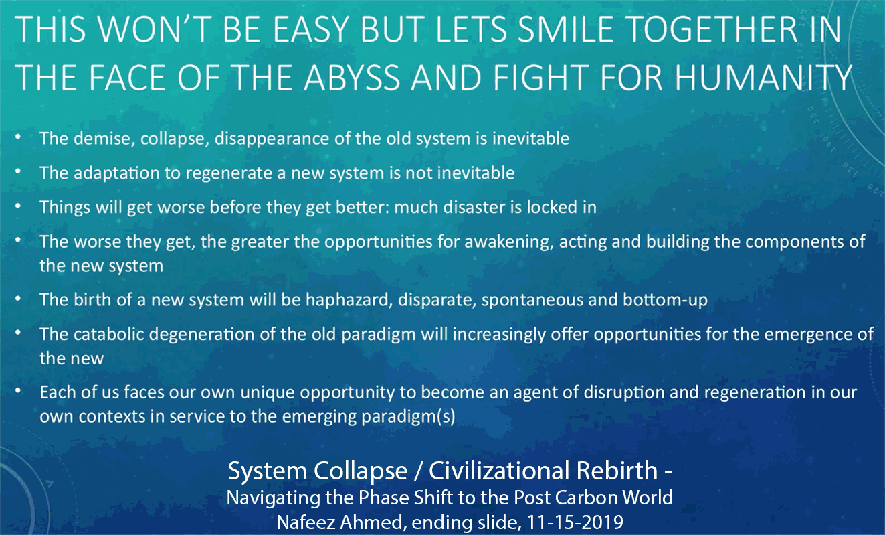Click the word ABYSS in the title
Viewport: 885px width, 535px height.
352,77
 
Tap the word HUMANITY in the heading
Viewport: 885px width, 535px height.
763,77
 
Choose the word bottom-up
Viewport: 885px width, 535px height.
666,300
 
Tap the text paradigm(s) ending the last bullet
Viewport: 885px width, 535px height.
409,417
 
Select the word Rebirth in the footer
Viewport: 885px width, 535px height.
617,471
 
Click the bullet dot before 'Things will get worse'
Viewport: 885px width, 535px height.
18,206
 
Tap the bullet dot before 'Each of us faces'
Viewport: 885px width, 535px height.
18,391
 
